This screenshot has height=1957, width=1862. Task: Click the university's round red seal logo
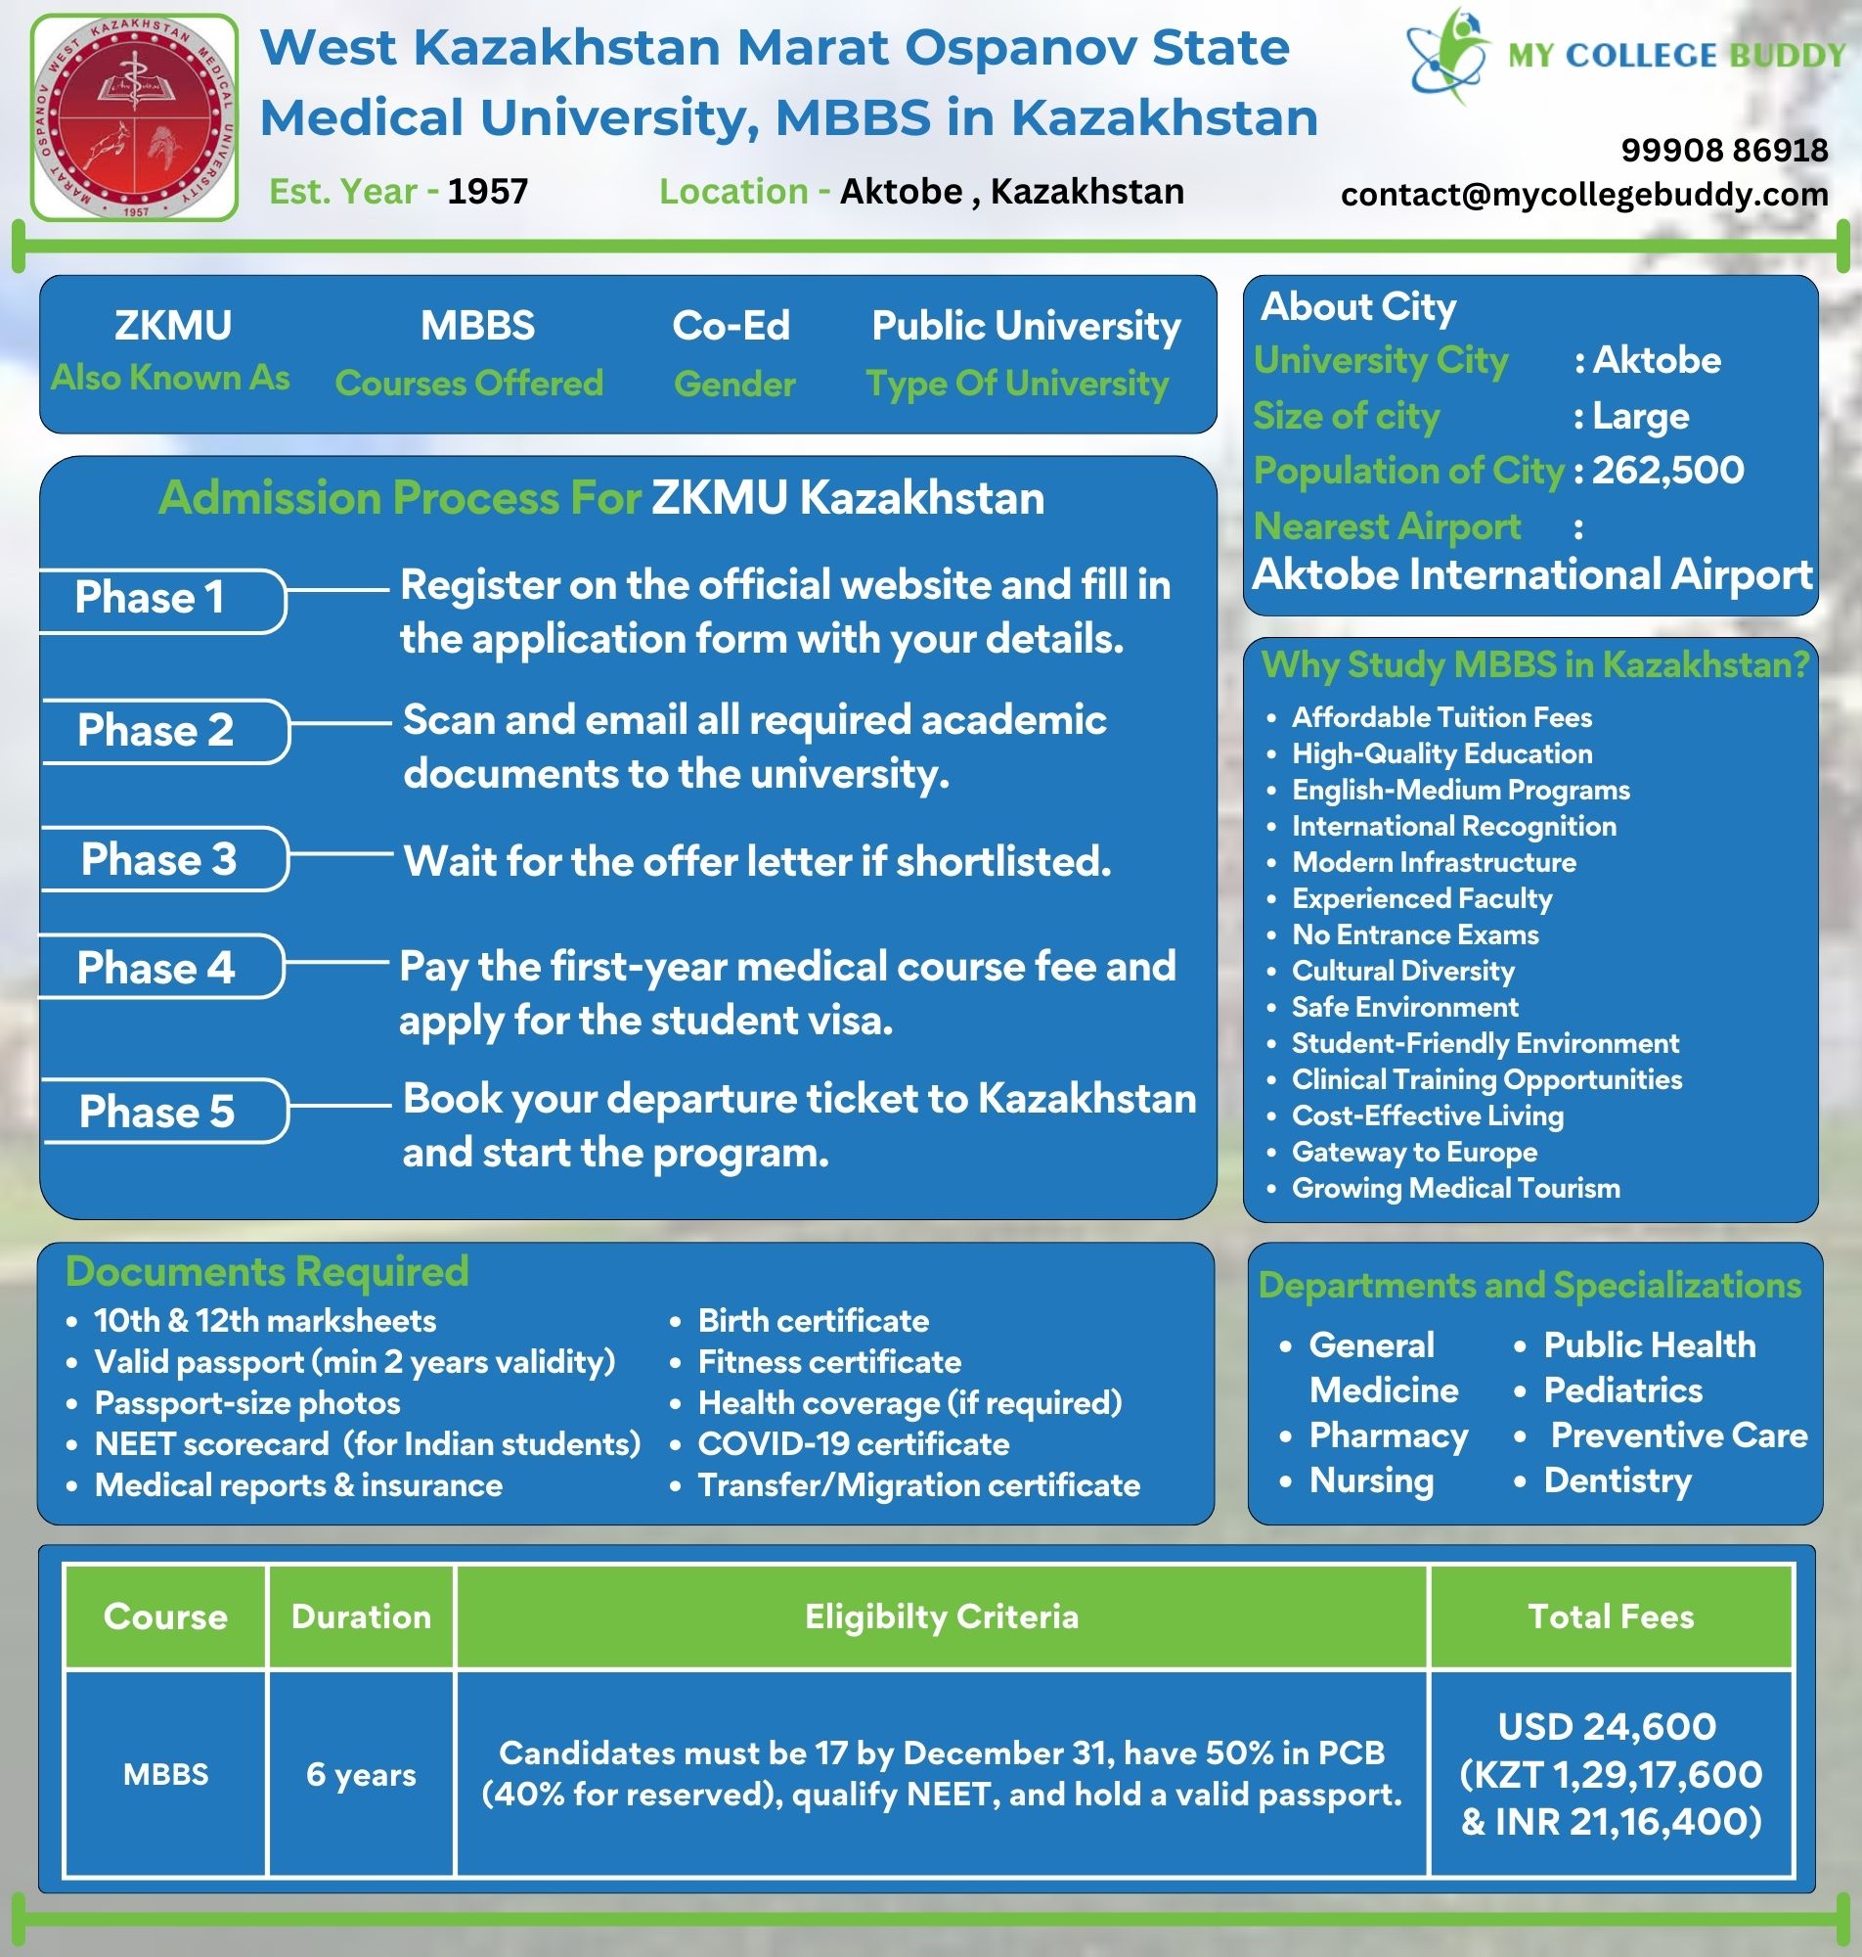point(135,117)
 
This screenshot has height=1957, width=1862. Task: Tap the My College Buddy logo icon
point(1448,55)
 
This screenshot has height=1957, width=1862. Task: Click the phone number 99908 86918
point(1724,150)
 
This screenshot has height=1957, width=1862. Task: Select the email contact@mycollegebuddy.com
point(1584,195)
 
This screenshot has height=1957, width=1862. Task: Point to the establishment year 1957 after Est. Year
point(487,192)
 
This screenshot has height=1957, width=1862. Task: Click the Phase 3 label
point(158,860)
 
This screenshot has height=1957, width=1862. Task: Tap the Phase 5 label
point(156,1112)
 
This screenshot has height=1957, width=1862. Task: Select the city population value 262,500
point(1667,471)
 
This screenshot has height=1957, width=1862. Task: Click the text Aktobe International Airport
point(1532,575)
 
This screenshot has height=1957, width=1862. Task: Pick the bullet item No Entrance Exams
point(1414,934)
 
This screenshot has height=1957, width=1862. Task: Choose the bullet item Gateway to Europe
point(1414,1152)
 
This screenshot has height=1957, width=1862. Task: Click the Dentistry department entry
point(1617,1480)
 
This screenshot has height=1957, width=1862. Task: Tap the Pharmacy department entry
point(1388,1435)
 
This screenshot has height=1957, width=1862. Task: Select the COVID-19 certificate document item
point(854,1443)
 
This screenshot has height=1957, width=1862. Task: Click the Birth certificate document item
point(814,1322)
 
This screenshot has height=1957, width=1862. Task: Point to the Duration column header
point(361,1616)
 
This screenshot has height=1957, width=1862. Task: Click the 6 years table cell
point(361,1774)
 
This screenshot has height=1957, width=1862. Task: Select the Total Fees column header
point(1611,1616)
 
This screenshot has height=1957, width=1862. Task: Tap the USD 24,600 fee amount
point(1607,1727)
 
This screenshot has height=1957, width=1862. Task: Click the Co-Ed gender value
point(731,326)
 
